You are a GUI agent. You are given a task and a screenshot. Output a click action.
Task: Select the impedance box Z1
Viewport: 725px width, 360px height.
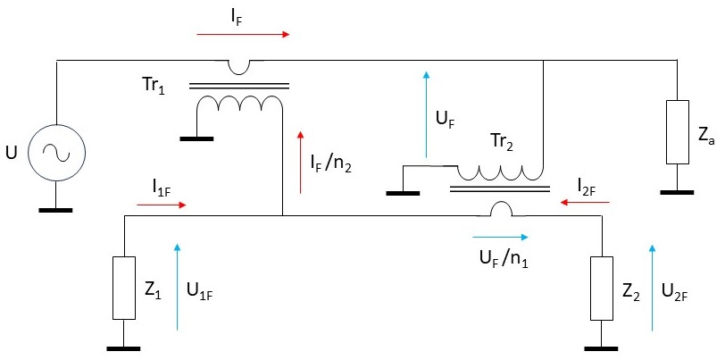click(123, 288)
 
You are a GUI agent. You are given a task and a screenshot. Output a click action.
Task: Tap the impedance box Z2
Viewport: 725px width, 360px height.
click(602, 288)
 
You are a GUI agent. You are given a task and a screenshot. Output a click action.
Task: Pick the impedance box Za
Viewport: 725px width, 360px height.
click(679, 132)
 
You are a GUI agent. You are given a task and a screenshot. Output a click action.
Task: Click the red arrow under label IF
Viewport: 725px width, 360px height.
click(244, 35)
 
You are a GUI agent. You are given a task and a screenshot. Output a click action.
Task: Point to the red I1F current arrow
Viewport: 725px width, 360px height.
click(162, 205)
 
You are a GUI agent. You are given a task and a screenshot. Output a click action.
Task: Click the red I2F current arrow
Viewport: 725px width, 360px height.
click(586, 203)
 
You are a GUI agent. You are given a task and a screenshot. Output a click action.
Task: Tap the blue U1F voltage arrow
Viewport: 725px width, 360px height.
click(178, 286)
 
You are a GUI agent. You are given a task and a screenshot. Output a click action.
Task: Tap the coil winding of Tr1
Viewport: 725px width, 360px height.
click(238, 105)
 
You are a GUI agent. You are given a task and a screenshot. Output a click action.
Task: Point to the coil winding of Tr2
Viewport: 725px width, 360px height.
click(500, 170)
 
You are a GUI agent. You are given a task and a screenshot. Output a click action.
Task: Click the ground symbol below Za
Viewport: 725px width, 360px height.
click(679, 191)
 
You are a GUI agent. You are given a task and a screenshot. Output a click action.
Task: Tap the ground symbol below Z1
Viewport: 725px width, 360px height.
click(123, 348)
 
